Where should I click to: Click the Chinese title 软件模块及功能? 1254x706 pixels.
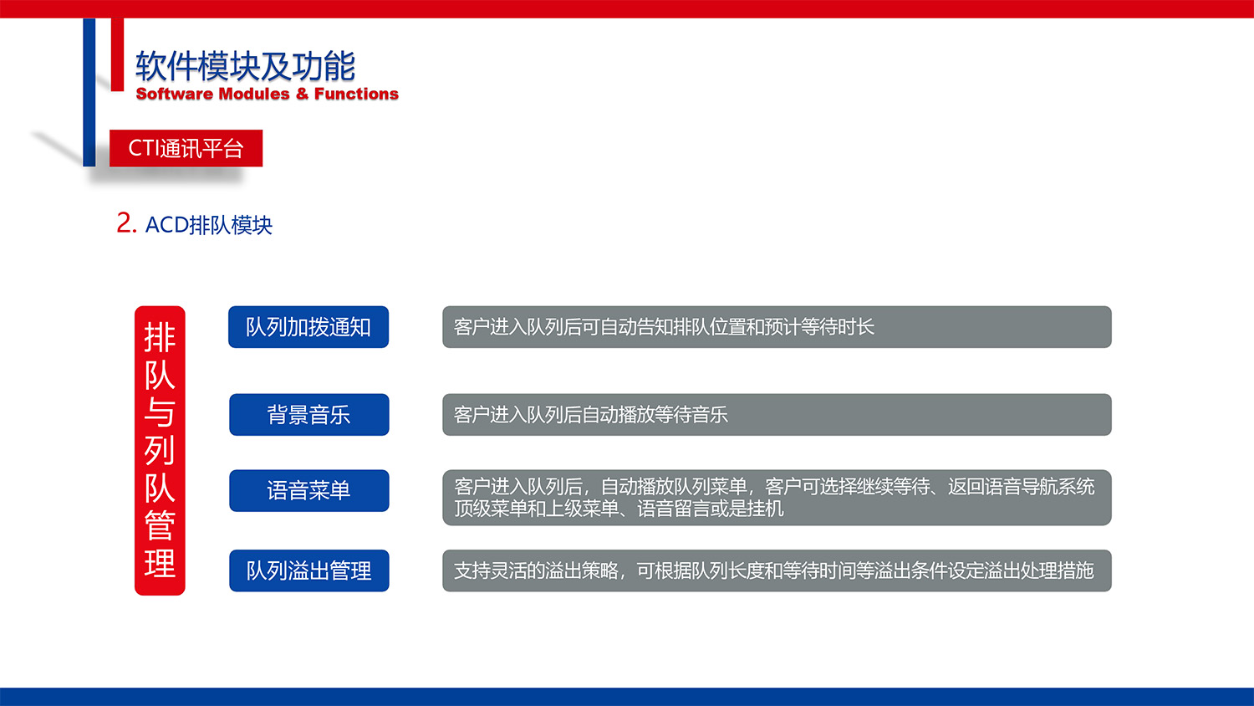click(x=245, y=66)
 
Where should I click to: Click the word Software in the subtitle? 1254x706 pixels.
click(x=174, y=94)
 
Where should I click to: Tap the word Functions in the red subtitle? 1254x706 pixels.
click(x=356, y=94)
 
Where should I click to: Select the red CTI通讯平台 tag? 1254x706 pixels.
click(x=186, y=148)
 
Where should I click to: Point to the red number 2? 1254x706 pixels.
click(x=125, y=223)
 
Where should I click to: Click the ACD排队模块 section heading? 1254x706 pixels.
click(x=209, y=225)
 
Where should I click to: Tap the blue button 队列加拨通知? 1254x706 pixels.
click(x=308, y=327)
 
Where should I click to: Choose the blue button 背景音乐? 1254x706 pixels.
click(x=308, y=415)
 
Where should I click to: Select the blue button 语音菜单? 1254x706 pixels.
click(x=308, y=490)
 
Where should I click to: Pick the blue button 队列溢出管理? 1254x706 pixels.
click(x=308, y=570)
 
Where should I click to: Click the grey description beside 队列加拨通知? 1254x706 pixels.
click(x=776, y=327)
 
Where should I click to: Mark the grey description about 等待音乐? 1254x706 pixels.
click(x=776, y=415)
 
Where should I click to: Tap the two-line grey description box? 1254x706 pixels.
click(x=776, y=498)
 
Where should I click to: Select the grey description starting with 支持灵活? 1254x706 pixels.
click(x=776, y=570)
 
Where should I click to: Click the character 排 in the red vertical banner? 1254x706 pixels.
click(x=160, y=338)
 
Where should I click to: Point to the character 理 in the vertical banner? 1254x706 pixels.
click(x=160, y=563)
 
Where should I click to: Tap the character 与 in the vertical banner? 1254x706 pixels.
click(x=160, y=412)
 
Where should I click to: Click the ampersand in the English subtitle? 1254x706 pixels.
click(x=302, y=94)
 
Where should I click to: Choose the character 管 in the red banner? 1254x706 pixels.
click(x=160, y=525)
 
